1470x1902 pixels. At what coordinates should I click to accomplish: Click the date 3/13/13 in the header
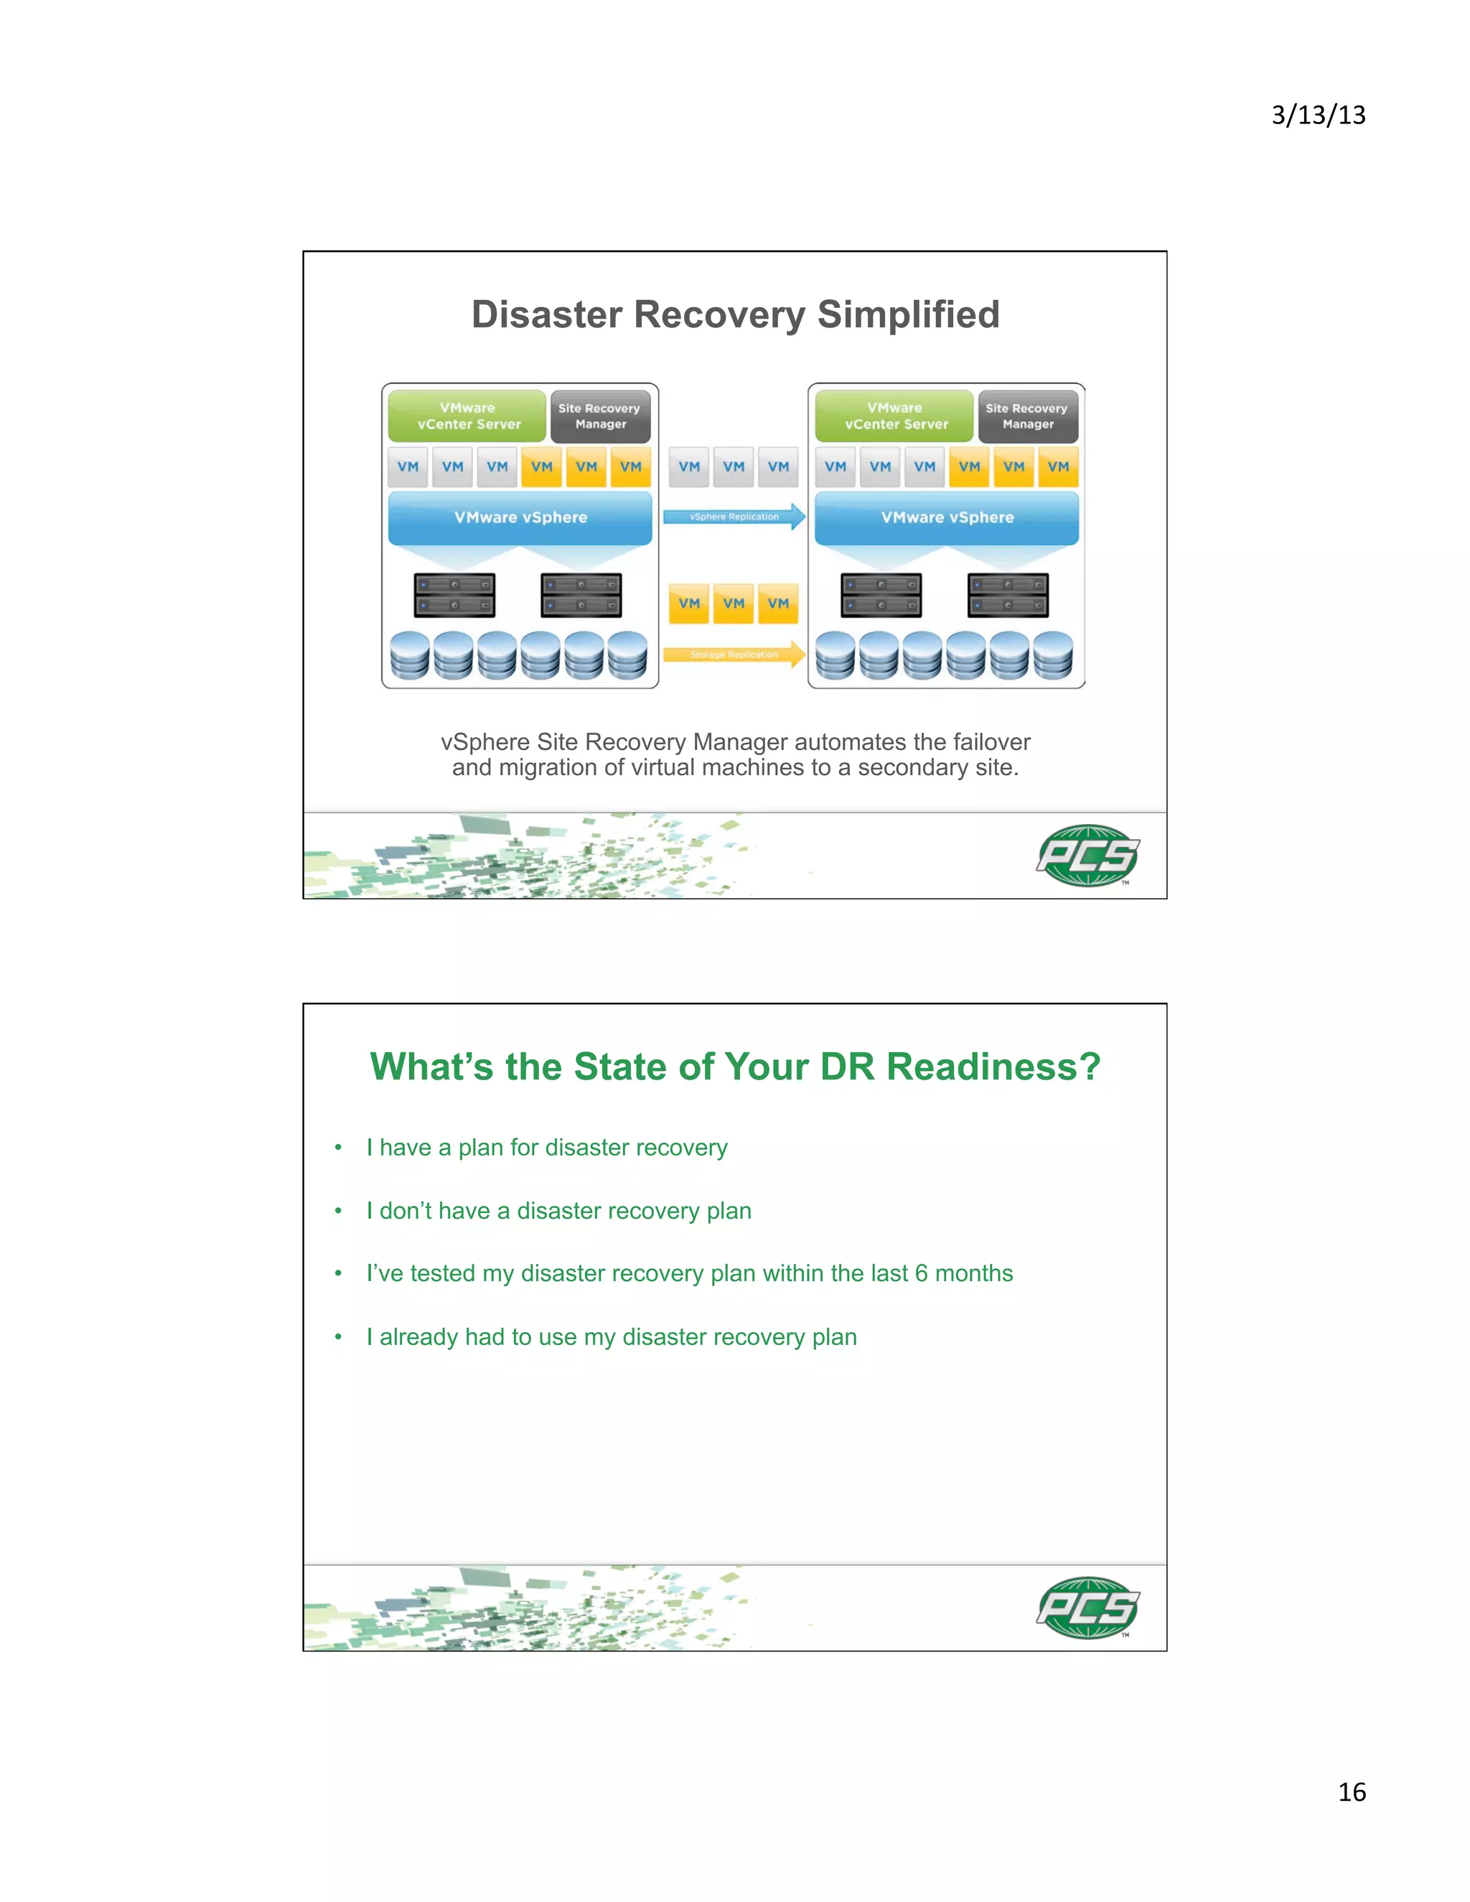point(1318,115)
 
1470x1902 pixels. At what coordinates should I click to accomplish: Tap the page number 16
point(1352,1791)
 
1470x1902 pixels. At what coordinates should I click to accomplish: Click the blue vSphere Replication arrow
point(734,517)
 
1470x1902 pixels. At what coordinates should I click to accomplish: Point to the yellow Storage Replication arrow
point(734,654)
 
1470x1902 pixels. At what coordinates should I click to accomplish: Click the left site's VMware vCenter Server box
point(468,416)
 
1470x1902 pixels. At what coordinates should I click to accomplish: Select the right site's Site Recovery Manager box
point(1028,416)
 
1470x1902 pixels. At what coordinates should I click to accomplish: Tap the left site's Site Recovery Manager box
point(600,416)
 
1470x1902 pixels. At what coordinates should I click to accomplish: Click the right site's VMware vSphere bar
point(947,517)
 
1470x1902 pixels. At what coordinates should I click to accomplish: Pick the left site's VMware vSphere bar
point(520,517)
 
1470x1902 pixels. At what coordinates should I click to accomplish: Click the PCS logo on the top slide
point(1087,856)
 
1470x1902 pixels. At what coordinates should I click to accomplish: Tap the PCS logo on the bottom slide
point(1087,1608)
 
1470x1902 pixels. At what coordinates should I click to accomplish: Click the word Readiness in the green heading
point(993,1067)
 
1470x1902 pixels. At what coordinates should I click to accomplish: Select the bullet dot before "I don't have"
point(338,1212)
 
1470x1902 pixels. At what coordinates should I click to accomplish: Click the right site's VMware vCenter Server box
point(894,416)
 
